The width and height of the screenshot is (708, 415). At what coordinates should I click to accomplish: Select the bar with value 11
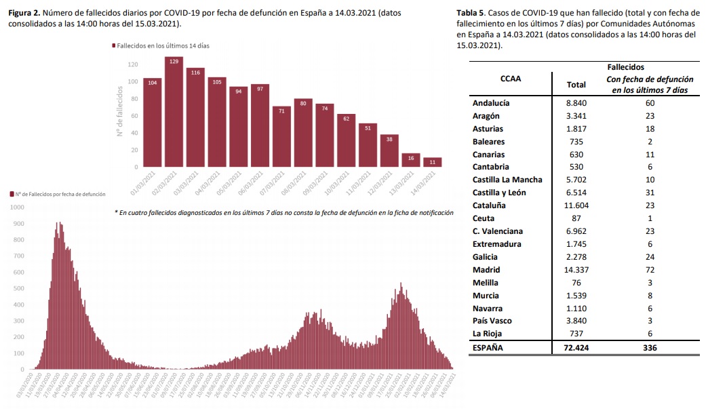tap(432, 162)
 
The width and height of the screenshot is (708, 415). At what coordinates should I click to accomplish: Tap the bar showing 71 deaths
tap(281, 136)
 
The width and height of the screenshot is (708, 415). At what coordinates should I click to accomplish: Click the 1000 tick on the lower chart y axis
tap(16, 207)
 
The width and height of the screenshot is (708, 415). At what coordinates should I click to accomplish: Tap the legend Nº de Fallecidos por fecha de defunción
tap(58, 195)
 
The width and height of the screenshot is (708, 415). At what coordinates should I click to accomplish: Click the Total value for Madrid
tap(576, 270)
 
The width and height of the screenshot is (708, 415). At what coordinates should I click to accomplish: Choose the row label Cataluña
tap(489, 205)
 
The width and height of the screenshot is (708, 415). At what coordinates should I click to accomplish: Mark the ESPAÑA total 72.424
tap(576, 348)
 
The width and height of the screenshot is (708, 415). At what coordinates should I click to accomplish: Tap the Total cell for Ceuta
tap(576, 218)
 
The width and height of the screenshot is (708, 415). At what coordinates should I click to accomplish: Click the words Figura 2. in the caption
tap(23, 12)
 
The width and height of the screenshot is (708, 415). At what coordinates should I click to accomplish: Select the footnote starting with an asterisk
tap(284, 213)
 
